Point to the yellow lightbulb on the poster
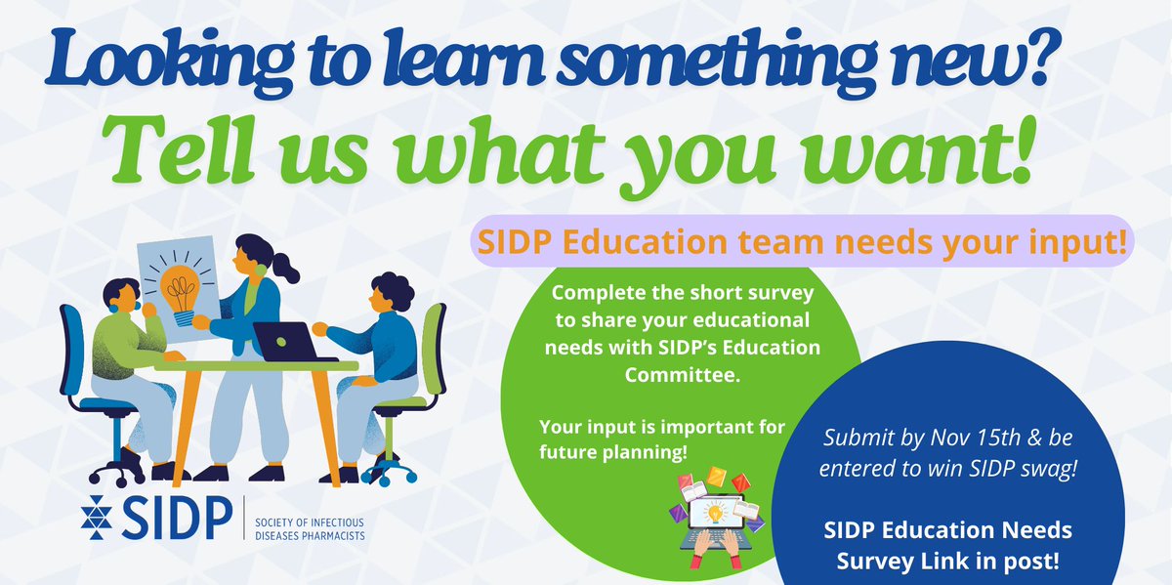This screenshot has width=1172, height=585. tap(181, 284)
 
